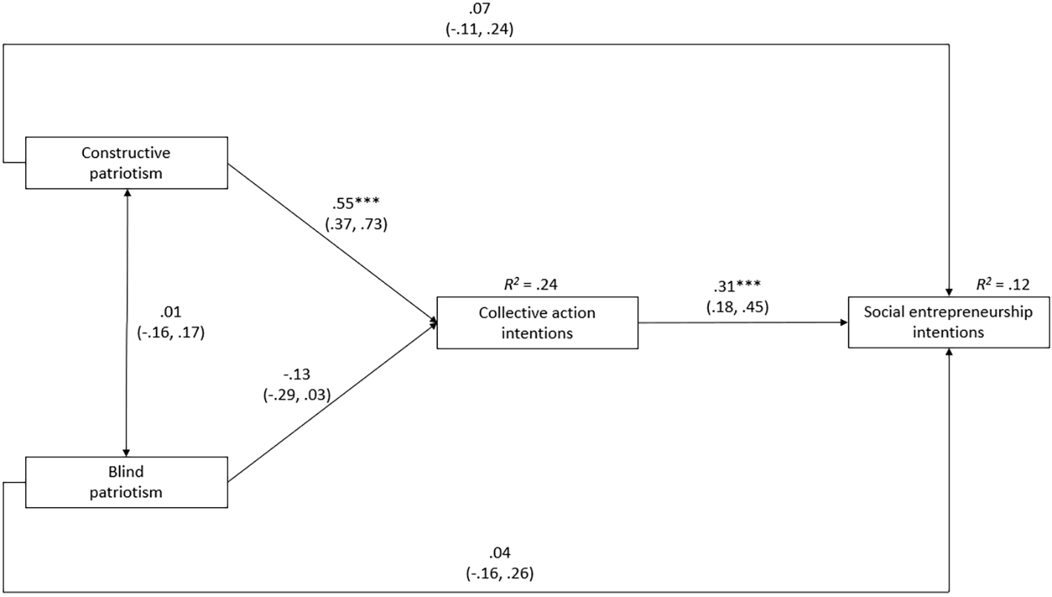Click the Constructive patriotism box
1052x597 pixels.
tap(126, 163)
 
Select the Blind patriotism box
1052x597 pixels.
tap(126, 482)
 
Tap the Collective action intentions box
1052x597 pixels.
tap(538, 323)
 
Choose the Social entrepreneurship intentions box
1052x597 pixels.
tap(949, 322)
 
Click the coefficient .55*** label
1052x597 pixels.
tap(356, 203)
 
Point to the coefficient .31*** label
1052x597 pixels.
tap(737, 286)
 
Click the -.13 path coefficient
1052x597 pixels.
tap(297, 374)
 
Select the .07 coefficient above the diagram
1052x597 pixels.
tap(480, 9)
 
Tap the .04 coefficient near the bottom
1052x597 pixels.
tap(500, 553)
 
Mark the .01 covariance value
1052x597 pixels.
tap(171, 312)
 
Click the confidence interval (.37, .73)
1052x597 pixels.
tap(356, 224)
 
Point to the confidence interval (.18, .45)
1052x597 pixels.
tap(737, 307)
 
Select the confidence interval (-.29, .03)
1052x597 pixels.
tap(297, 395)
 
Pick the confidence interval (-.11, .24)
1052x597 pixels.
tap(480, 30)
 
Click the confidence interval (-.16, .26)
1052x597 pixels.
tap(500, 573)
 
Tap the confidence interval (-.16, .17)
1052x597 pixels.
tap(171, 333)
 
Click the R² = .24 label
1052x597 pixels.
tap(531, 284)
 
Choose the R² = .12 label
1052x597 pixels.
tap(1003, 284)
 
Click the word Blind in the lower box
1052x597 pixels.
tap(126, 471)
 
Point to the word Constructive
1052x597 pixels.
tap(126, 153)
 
